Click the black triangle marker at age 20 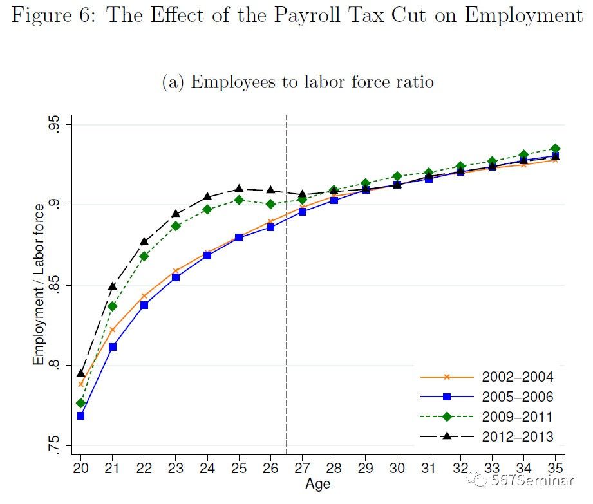[81, 373]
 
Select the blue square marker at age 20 [81, 416]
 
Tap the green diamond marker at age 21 [113, 306]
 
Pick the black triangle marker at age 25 [239, 189]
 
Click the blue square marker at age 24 [207, 256]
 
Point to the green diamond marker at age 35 [555, 149]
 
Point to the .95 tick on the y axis [55, 125]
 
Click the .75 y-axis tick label [55, 445]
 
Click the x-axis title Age [318, 483]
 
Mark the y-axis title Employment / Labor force [39, 285]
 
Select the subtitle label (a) [173, 82]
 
